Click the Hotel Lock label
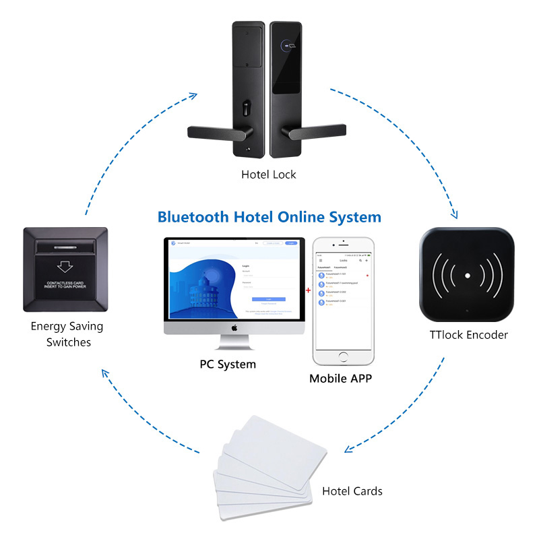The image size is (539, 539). (269, 175)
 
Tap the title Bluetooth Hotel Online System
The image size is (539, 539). (269, 217)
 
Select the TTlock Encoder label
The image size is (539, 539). (468, 335)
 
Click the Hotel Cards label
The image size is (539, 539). (352, 491)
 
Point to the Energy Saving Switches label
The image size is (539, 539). (68, 334)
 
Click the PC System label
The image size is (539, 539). (228, 364)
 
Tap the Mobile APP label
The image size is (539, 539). (340, 378)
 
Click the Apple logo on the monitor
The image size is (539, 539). (234, 327)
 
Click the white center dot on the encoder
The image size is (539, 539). (467, 276)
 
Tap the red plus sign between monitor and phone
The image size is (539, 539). (309, 290)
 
